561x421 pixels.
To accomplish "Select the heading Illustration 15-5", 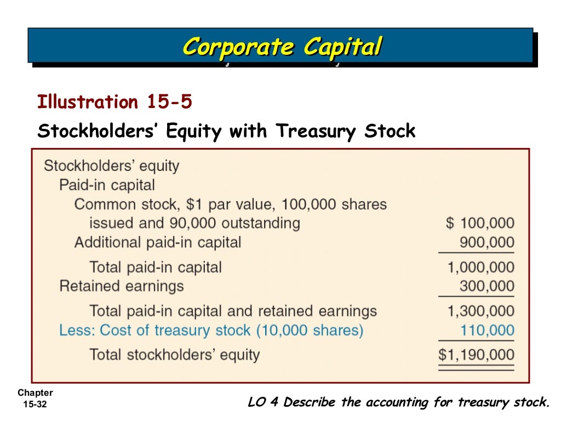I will [115, 102].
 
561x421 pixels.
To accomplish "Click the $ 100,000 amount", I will [480, 223].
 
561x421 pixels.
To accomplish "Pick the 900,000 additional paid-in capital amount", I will [486, 242].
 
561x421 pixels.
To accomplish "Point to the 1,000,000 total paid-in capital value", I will [480, 268].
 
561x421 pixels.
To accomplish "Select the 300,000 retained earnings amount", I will [486, 286].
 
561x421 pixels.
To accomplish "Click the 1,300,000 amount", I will [480, 311].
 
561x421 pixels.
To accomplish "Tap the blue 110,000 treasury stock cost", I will [486, 330].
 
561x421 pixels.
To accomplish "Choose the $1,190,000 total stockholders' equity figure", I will [476, 355].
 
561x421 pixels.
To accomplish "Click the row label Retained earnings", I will [121, 286].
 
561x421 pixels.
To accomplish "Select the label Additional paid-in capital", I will [157, 242].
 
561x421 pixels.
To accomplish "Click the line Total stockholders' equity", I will [174, 355].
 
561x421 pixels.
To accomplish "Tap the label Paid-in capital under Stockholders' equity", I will [107, 185].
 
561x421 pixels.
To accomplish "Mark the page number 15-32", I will [36, 405].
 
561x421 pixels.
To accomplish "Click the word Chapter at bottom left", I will [35, 393].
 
